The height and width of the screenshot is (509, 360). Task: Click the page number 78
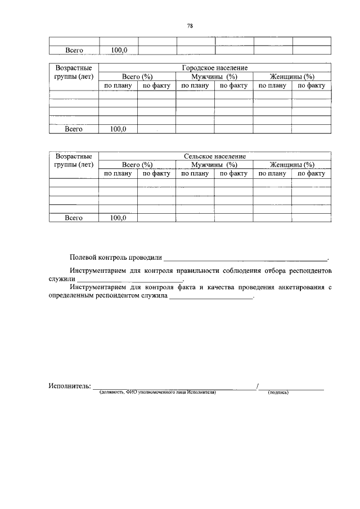click(190, 25)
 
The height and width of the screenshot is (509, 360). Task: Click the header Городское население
click(215, 67)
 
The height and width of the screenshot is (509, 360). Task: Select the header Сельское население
click(214, 156)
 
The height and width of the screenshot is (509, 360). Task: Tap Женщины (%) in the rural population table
click(291, 165)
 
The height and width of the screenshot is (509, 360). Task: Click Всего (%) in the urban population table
click(137, 76)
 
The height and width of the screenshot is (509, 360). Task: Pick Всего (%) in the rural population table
click(137, 165)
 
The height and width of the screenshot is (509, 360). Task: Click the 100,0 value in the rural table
click(119, 217)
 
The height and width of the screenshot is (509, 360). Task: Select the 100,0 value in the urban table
click(119, 129)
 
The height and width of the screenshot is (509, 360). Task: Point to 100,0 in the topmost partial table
click(119, 50)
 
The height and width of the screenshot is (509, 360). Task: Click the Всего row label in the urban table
click(74, 129)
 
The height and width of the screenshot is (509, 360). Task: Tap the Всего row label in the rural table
click(74, 217)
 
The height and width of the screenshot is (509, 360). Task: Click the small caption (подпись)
click(278, 393)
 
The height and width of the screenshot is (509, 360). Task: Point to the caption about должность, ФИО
click(157, 393)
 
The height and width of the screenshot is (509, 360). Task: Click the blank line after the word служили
click(130, 279)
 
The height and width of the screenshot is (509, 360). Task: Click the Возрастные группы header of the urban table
click(74, 72)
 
